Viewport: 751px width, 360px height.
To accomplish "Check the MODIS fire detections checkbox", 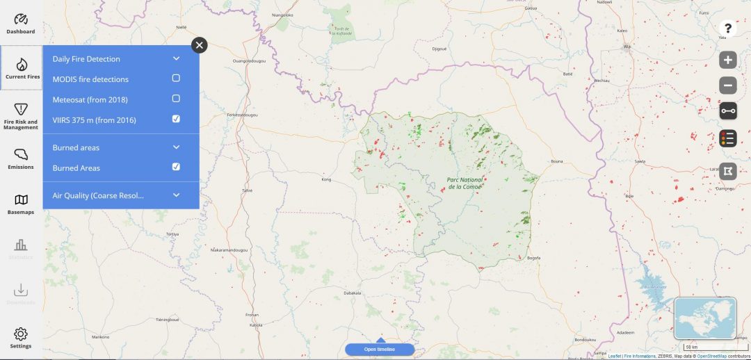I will [x=176, y=79].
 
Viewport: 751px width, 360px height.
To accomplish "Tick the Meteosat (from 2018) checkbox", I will [x=176, y=99].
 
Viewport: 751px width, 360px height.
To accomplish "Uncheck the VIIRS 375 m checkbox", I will [x=176, y=119].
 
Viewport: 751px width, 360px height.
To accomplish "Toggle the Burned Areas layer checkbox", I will [x=176, y=167].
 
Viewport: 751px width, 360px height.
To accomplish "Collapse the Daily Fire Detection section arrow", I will [x=176, y=59].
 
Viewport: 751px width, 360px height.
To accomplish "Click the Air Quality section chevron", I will [x=176, y=195].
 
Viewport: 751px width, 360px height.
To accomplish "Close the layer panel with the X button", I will [x=200, y=45].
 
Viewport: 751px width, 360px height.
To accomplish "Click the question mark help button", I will [x=727, y=28].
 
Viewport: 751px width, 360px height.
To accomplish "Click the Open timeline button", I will [x=380, y=349].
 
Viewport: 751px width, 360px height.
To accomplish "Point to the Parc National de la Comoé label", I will [x=465, y=183].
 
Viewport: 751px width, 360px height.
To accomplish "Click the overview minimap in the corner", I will [x=705, y=318].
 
